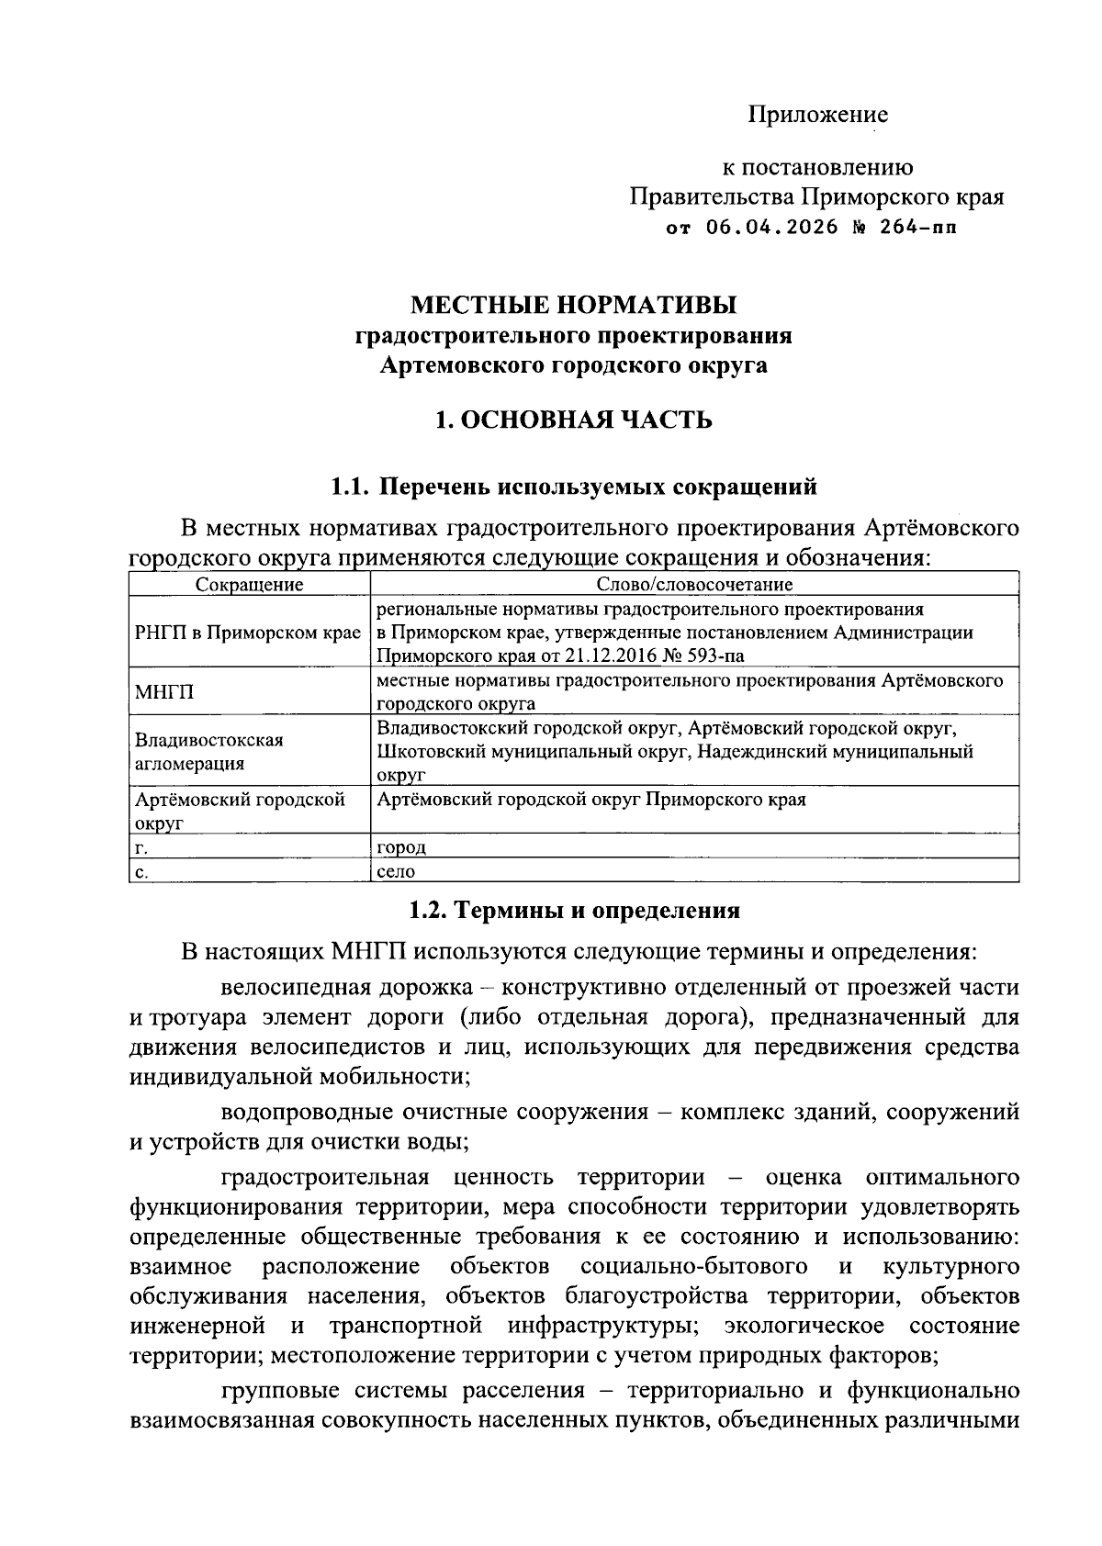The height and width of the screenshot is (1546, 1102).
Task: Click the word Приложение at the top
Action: tap(817, 115)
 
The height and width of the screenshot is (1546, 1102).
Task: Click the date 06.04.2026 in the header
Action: tap(772, 227)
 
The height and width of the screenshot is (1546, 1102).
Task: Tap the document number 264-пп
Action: tap(917, 227)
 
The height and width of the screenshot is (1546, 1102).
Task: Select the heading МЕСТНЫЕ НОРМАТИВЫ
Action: tap(573, 304)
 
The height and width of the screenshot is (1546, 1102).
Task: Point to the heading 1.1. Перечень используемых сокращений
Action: tap(573, 487)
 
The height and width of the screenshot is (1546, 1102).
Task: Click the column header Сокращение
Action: tap(249, 584)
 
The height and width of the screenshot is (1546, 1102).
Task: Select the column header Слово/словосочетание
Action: tap(694, 584)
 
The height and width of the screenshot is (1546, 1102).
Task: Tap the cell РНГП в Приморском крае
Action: tap(248, 633)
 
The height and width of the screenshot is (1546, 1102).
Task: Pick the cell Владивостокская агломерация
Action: tap(208, 751)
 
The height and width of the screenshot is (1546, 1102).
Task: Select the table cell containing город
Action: tap(401, 847)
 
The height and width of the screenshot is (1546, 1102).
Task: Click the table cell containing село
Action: tap(397, 871)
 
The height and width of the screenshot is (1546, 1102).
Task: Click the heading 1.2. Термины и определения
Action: tap(573, 911)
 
